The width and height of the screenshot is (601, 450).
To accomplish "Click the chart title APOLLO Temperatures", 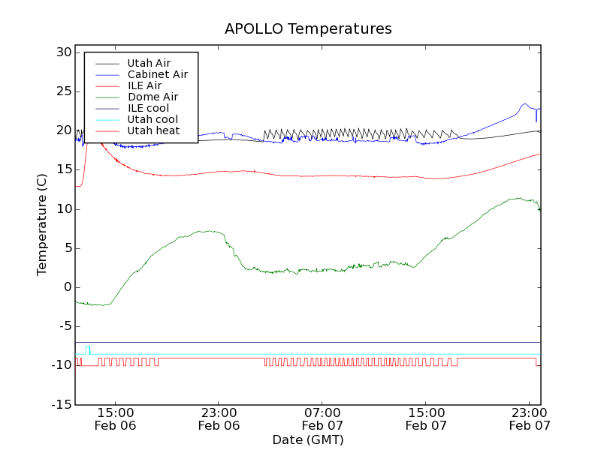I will (x=308, y=29).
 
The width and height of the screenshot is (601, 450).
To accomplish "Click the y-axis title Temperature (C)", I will (x=43, y=225).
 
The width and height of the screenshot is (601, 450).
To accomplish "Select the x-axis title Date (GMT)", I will (x=308, y=439).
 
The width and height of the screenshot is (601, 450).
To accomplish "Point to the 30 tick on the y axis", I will (x=63, y=52).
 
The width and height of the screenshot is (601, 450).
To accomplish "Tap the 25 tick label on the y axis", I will (x=63, y=91).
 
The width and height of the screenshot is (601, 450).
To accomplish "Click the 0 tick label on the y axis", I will (x=67, y=287).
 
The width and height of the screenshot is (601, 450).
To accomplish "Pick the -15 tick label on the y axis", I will (x=61, y=404).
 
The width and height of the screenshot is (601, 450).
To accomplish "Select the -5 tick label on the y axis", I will (x=63, y=326).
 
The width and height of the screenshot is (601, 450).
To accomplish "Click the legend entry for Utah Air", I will (x=149, y=64).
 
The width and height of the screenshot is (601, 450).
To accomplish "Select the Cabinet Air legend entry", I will (x=157, y=75).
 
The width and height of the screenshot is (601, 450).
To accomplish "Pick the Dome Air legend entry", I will (x=153, y=97).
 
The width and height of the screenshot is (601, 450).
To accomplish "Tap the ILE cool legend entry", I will (x=148, y=109).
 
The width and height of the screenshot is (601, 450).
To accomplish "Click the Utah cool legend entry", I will (x=153, y=120).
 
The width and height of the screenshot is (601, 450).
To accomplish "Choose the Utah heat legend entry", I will (x=153, y=131).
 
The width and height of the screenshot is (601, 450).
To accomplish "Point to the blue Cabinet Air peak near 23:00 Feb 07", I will (x=525, y=104).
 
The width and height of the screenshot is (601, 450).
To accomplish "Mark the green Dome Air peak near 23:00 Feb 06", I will (x=213, y=231).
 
